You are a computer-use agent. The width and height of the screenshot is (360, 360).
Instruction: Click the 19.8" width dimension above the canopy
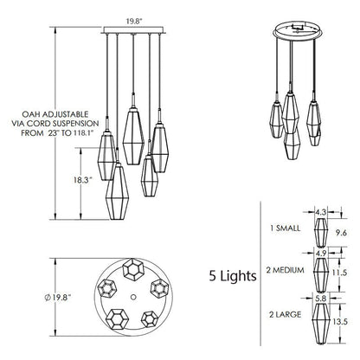pyautogui.click(x=133, y=22)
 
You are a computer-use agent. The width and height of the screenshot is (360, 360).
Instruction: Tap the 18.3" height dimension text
pyautogui.click(x=82, y=180)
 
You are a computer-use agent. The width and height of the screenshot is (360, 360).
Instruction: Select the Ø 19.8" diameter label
pyautogui.click(x=58, y=298)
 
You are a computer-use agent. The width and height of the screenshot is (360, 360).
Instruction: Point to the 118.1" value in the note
pyautogui.click(x=87, y=133)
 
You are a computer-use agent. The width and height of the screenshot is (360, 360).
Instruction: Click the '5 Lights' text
pyautogui.click(x=233, y=276)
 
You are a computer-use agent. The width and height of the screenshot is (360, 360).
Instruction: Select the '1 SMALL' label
pyautogui.click(x=285, y=228)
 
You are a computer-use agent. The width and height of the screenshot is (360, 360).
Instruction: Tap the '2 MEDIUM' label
pyautogui.click(x=285, y=270)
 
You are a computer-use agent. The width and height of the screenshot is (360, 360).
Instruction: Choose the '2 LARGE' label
pyautogui.click(x=285, y=314)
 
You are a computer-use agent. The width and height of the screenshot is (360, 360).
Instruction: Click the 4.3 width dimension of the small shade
pyautogui.click(x=320, y=213)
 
